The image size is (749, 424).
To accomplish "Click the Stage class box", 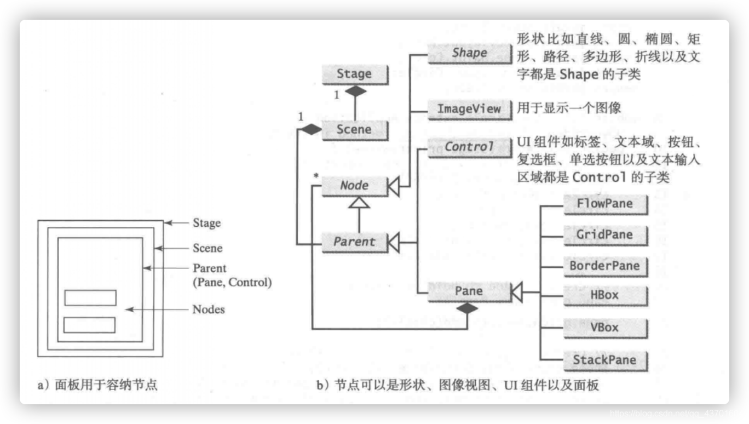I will pos(354,74).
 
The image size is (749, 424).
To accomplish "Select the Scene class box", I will pos(354,130).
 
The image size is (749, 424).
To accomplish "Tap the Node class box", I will pos(354,186).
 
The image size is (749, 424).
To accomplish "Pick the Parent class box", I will pos(354,242).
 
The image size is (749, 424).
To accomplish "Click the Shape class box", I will pos(469,53).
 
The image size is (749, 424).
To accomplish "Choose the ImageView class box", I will pos(469,108).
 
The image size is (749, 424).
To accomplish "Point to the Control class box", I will pos(469,147).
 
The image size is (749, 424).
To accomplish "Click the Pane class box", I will pos(469,291).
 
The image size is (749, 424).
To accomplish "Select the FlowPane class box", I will pos(605,204).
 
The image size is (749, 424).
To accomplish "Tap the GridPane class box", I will pos(605,235).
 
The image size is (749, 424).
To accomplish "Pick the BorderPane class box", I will pos(605,266).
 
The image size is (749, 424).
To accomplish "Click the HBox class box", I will pos(605,296).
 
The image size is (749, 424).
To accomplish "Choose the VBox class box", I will pos(605,328).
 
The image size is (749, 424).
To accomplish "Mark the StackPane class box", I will pos(605,360).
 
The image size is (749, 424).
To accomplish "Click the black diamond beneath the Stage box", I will pos(356,91).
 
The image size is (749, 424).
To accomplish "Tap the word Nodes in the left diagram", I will pos(208,310).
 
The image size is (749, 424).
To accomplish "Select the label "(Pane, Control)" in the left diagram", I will pos(232,283).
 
